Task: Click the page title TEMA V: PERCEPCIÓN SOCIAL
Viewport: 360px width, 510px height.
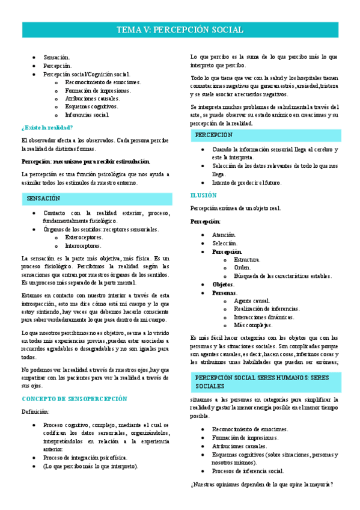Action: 180,30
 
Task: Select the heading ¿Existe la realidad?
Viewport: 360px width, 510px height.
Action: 47,127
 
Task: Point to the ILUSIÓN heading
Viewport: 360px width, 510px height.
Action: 204,195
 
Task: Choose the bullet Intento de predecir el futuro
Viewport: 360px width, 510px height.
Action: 246,182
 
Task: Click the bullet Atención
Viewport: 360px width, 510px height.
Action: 224,235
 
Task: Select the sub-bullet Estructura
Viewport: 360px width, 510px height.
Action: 247,259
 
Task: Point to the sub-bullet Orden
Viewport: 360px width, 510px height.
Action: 242,268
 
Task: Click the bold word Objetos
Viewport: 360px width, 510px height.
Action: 224,284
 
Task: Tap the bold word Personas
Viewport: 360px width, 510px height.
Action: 224,292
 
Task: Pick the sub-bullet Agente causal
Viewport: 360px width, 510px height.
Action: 252,301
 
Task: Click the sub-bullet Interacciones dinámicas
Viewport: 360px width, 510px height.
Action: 264,317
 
